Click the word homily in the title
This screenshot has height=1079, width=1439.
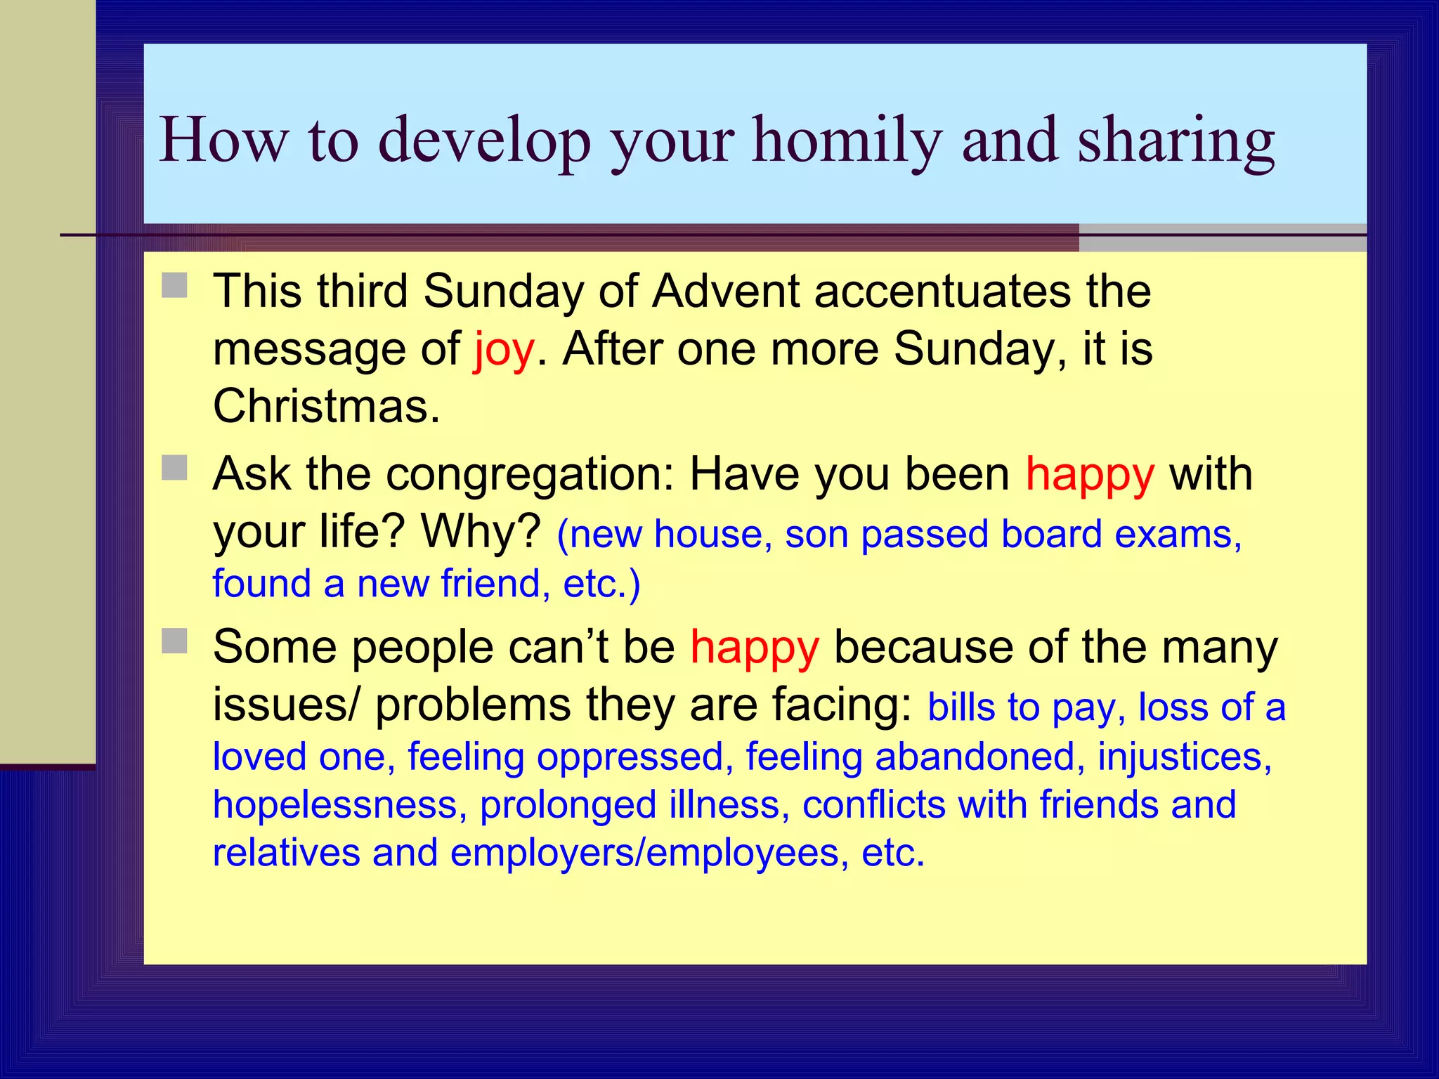tap(847, 140)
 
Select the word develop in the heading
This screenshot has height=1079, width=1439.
tap(485, 140)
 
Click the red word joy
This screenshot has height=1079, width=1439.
tap(504, 349)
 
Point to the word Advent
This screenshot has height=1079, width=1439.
tap(725, 291)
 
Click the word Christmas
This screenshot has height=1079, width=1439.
tap(326, 406)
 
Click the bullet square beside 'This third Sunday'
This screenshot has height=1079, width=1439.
tap(174, 285)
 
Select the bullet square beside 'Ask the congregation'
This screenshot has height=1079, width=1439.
tap(174, 468)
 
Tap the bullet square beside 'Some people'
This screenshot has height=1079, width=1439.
tap(174, 641)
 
